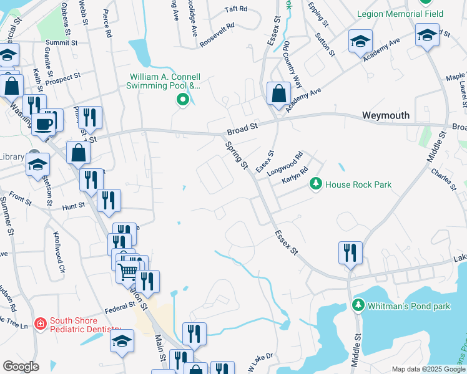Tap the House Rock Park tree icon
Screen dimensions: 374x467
point(317,184)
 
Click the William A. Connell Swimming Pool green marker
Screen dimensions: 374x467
point(182,99)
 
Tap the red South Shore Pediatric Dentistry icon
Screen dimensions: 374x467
point(41,324)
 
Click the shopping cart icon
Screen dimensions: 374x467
point(128,271)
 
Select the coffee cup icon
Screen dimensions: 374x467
point(43,123)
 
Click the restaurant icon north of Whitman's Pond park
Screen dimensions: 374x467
point(350,252)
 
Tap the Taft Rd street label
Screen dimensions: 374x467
point(236,9)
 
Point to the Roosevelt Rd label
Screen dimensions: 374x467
point(217,36)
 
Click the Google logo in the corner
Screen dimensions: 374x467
point(21,366)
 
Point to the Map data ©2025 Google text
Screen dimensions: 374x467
point(427,369)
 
